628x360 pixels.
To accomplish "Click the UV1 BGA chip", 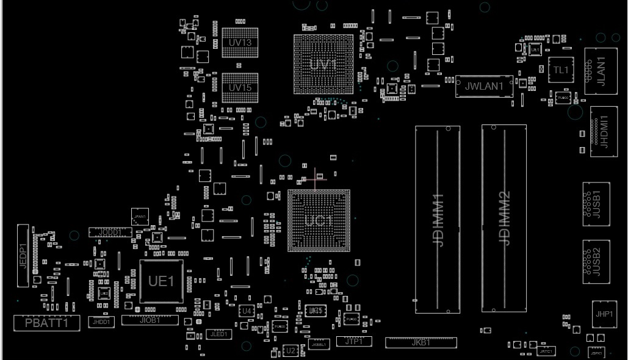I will (x=323, y=64).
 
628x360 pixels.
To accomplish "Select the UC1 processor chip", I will (x=319, y=220).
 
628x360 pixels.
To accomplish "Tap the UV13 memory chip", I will (x=240, y=43).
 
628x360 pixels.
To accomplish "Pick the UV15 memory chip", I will (x=240, y=87).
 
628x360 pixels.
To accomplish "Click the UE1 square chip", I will (x=162, y=281).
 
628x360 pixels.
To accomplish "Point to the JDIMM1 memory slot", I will (x=438, y=219).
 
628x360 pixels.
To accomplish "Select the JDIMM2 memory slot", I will (x=503, y=218).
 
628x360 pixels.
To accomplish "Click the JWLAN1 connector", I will (x=484, y=87).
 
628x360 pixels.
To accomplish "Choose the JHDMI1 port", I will (x=604, y=134).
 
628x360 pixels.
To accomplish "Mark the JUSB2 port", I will (x=596, y=261).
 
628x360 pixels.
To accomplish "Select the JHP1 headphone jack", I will (x=604, y=314).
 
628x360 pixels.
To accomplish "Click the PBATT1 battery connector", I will (x=47, y=323).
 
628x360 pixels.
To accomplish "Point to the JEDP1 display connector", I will (x=23, y=256).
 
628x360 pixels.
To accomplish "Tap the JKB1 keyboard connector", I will (x=420, y=342).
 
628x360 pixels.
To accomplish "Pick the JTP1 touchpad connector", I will (x=354, y=341).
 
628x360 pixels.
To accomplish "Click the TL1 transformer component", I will (x=560, y=70).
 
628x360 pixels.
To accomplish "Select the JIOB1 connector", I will (x=150, y=320).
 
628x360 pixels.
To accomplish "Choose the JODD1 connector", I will (x=110, y=232).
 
